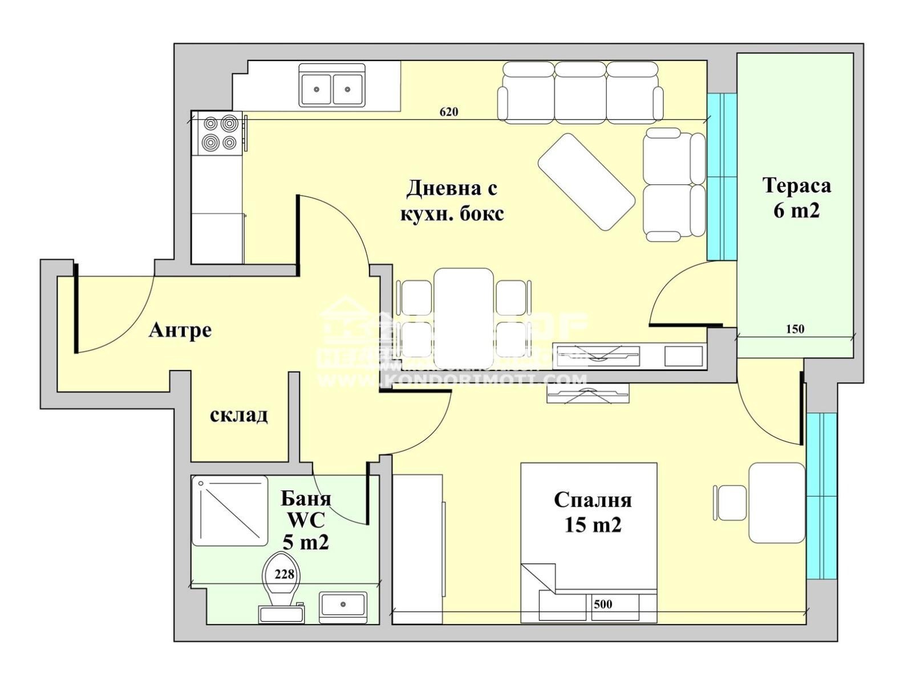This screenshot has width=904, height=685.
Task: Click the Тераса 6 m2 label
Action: pos(796,198)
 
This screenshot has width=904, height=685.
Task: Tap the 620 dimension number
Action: pos(449,111)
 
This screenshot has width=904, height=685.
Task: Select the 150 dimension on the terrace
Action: pos(794,329)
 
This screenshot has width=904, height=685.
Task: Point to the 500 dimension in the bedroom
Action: pos(602,604)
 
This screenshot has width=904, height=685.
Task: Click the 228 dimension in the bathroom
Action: pos(284,574)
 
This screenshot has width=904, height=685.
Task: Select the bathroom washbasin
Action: pos(342,607)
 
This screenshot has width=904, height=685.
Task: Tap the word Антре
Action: pos(180,330)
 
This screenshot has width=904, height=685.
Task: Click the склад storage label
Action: pos(239,415)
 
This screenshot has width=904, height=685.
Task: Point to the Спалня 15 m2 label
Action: pos(593,512)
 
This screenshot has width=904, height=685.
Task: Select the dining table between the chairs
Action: pos(463,317)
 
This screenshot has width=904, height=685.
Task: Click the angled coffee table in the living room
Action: pos(586,182)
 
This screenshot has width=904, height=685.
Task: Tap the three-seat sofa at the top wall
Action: pos(580,92)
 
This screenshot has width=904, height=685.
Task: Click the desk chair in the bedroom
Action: pos(731,502)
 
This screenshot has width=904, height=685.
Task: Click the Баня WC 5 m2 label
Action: pos(306,520)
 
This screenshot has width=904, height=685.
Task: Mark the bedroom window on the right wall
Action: pos(821,495)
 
